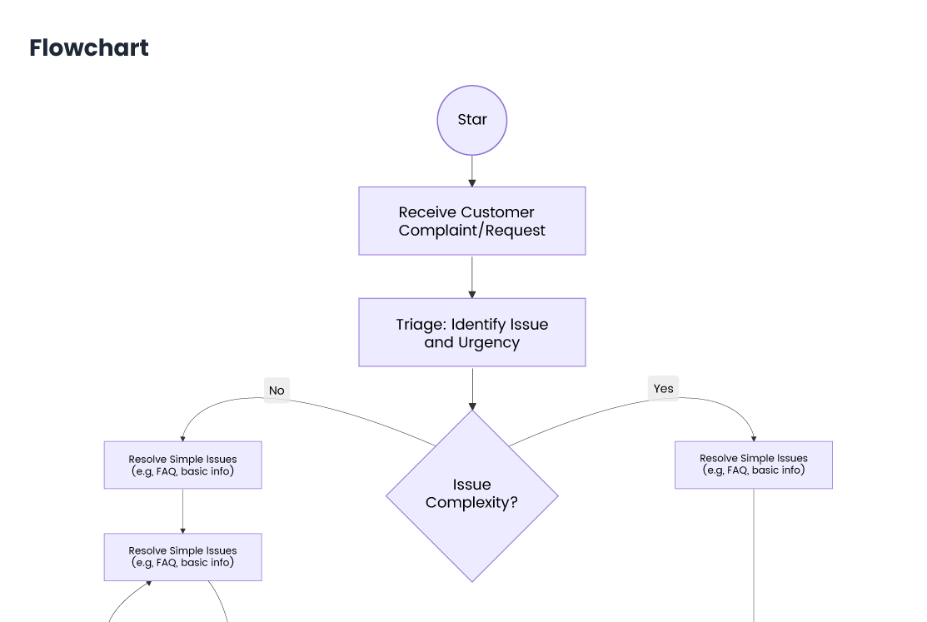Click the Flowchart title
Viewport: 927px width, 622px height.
click(89, 48)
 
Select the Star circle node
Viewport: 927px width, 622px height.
click(471, 120)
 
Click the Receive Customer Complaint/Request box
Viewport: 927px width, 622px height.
click(471, 221)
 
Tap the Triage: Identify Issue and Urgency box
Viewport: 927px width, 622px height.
click(471, 332)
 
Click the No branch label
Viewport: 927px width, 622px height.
click(277, 391)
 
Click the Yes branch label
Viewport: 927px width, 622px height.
click(663, 388)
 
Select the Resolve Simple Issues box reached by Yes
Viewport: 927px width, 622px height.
click(753, 465)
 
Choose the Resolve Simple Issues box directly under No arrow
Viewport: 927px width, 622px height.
click(182, 465)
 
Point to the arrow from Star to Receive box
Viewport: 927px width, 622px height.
click(471, 171)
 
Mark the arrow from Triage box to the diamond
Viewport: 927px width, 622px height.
click(471, 388)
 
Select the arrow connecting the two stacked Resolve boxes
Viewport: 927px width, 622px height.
click(182, 510)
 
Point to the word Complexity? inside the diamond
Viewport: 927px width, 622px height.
click(471, 502)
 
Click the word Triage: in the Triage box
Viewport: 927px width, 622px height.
click(421, 325)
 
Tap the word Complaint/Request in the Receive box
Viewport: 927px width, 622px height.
click(471, 231)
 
